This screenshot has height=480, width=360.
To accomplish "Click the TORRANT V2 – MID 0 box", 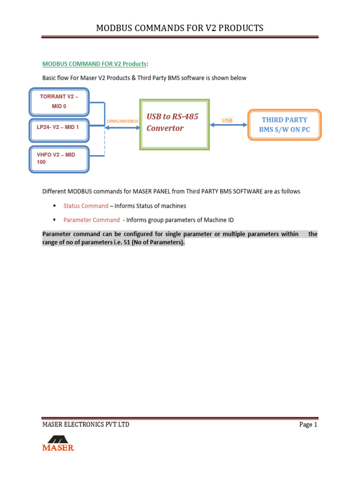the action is click(59, 102).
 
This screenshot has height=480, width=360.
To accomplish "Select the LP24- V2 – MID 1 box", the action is click(59, 127).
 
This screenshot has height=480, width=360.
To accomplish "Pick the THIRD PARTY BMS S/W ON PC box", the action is click(285, 124).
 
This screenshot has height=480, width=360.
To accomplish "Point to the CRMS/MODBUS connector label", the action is click(123, 121).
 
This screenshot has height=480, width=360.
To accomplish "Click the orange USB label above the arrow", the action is click(227, 120).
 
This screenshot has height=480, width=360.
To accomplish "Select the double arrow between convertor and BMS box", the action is click(229, 125).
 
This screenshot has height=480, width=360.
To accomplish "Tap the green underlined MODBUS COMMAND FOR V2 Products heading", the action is click(94, 64).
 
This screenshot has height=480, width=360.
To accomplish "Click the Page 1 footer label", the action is click(308, 425).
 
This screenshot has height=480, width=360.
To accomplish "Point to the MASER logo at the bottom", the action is click(58, 443).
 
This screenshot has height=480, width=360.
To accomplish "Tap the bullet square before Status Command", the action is click(54, 206).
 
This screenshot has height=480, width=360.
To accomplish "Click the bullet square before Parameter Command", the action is click(54, 220).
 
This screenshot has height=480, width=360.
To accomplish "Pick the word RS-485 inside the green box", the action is click(185, 116).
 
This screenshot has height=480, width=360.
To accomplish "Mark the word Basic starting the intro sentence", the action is click(50, 78).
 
